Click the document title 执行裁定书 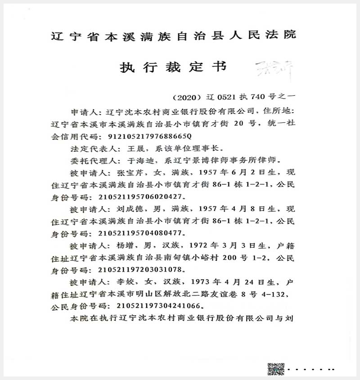pyautogui.click(x=173, y=67)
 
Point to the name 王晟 pyautogui.click(x=131, y=148)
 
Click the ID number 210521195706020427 pyautogui.click(x=137, y=197)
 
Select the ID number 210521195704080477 pyautogui.click(x=137, y=233)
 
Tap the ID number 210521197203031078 pyautogui.click(x=137, y=270)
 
